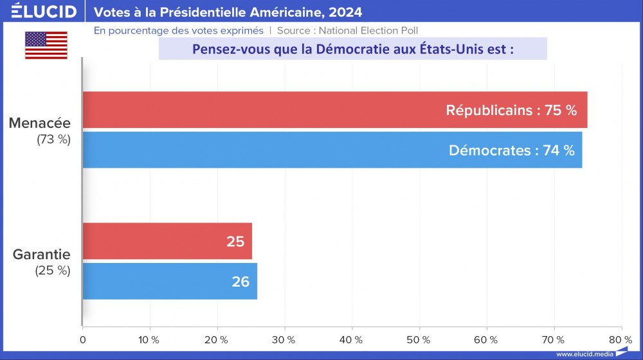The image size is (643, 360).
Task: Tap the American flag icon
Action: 46,45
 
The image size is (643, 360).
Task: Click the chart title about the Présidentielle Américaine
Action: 228,12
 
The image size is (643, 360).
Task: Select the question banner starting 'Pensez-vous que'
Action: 352,49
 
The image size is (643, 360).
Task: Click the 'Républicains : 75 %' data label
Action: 511,110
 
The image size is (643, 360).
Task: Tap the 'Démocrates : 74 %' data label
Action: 511,150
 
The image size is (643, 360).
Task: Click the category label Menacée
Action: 40,123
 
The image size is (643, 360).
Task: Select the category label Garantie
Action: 42,254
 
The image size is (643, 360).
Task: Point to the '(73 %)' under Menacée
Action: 53,139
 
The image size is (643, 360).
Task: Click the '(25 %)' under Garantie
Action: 53,271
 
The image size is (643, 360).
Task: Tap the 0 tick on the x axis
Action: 83,339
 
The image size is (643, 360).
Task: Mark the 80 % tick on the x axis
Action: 620,339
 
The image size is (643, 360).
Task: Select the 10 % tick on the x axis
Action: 150,339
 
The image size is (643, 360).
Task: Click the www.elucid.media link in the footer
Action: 584,354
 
